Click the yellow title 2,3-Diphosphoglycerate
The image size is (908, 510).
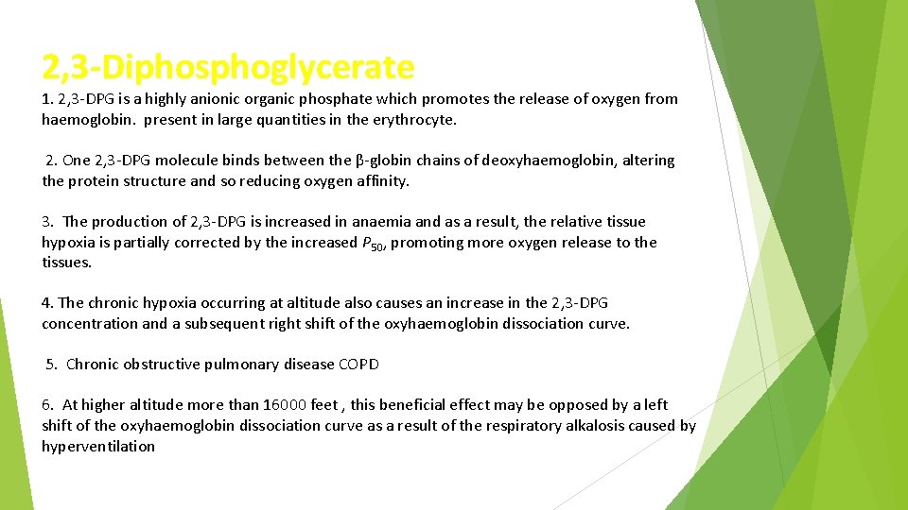tap(228, 67)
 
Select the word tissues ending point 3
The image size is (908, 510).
tap(66, 263)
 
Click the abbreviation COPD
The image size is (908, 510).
tap(358, 365)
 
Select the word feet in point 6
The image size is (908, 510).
tap(324, 405)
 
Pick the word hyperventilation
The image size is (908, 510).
tap(98, 447)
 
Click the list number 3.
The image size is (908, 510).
tap(46, 222)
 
